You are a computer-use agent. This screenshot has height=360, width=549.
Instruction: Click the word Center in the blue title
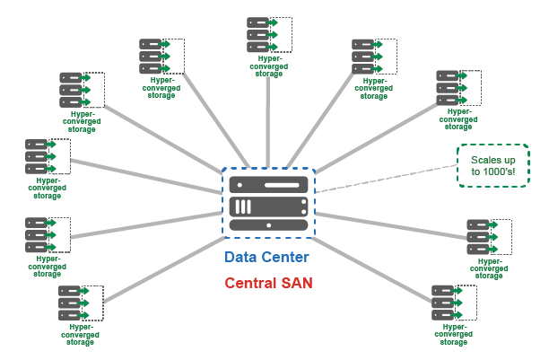pos(284,258)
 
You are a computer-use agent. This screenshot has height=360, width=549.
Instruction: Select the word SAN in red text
pos(292,284)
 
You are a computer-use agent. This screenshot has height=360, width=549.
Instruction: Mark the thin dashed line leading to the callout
pos(386,178)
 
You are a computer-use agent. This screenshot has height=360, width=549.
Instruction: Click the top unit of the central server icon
pos(268,184)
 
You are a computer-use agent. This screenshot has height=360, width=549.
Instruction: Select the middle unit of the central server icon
pos(268,206)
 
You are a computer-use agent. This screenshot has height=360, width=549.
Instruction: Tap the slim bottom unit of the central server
pos(268,224)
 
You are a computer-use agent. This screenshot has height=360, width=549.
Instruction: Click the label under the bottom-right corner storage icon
pos(453,334)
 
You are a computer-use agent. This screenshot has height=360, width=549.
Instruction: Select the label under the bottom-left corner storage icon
pos(81,335)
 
